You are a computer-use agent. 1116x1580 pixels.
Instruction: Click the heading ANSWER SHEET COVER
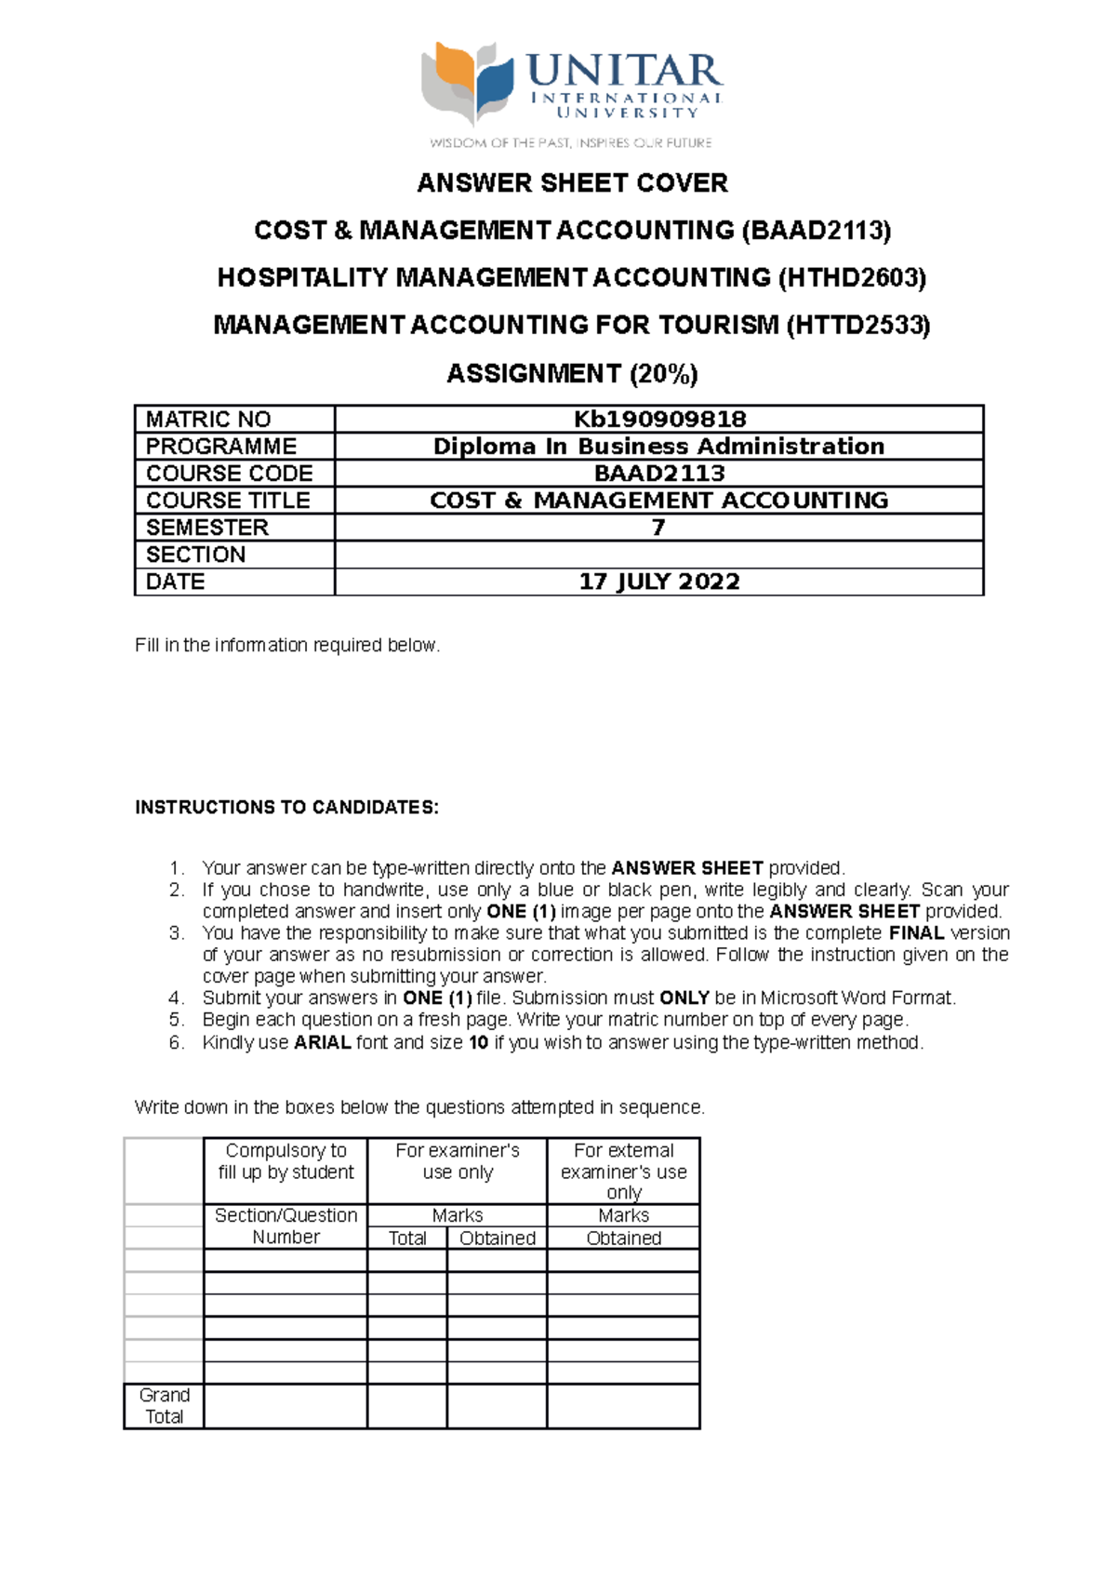pyautogui.click(x=572, y=183)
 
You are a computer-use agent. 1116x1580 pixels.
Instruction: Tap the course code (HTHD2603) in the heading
pyautogui.click(x=852, y=278)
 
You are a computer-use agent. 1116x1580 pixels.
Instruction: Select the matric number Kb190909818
pyautogui.click(x=659, y=419)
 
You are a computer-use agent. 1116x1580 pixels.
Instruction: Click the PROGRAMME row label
pyautogui.click(x=221, y=446)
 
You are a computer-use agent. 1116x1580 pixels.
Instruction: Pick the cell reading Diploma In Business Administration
pyautogui.click(x=658, y=446)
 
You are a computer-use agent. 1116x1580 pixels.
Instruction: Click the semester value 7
pyautogui.click(x=658, y=528)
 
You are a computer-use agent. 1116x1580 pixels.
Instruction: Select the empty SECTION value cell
pyautogui.click(x=658, y=555)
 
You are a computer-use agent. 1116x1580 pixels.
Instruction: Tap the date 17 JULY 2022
pyautogui.click(x=658, y=582)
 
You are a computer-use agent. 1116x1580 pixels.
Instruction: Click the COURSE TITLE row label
pyautogui.click(x=228, y=501)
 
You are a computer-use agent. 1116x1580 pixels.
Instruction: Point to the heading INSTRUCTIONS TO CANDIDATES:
pyautogui.click(x=286, y=807)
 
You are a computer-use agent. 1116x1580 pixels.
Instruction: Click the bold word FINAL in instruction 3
pyautogui.click(x=916, y=933)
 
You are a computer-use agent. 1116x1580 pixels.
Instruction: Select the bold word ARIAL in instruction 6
pyautogui.click(x=322, y=1042)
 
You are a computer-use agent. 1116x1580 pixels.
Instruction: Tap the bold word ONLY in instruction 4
pyautogui.click(x=684, y=998)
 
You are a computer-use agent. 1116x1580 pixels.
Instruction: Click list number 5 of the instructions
pyautogui.click(x=177, y=1020)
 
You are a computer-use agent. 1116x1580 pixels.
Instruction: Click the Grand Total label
pyautogui.click(x=164, y=1406)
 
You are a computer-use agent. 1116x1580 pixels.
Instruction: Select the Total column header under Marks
pyautogui.click(x=407, y=1239)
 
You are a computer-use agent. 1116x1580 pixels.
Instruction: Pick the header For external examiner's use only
pyautogui.click(x=623, y=1172)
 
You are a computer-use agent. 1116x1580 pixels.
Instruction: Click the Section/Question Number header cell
pyautogui.click(x=286, y=1226)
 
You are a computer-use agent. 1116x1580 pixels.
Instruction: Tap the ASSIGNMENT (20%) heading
pyautogui.click(x=572, y=374)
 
